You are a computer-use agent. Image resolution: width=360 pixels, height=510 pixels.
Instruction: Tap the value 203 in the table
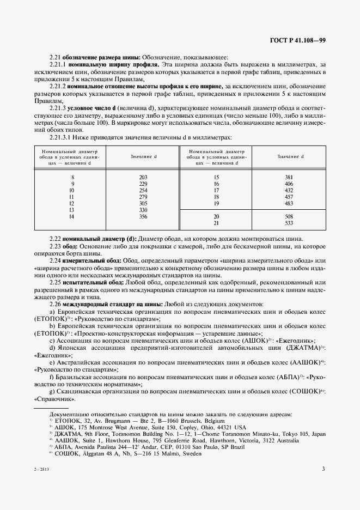(144, 178)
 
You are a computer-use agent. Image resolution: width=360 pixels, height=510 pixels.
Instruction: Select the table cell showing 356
(144, 216)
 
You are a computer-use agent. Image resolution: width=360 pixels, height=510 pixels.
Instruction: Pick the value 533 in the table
(289, 223)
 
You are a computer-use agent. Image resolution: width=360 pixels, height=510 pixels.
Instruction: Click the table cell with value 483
(289, 203)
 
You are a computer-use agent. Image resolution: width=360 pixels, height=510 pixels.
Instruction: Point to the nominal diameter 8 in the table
(72, 178)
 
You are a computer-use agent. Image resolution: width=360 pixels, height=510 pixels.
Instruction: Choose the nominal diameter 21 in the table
(216, 223)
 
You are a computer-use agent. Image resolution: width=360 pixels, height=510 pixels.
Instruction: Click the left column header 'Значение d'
(144, 157)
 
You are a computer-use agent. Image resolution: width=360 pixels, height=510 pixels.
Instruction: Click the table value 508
(289, 216)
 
